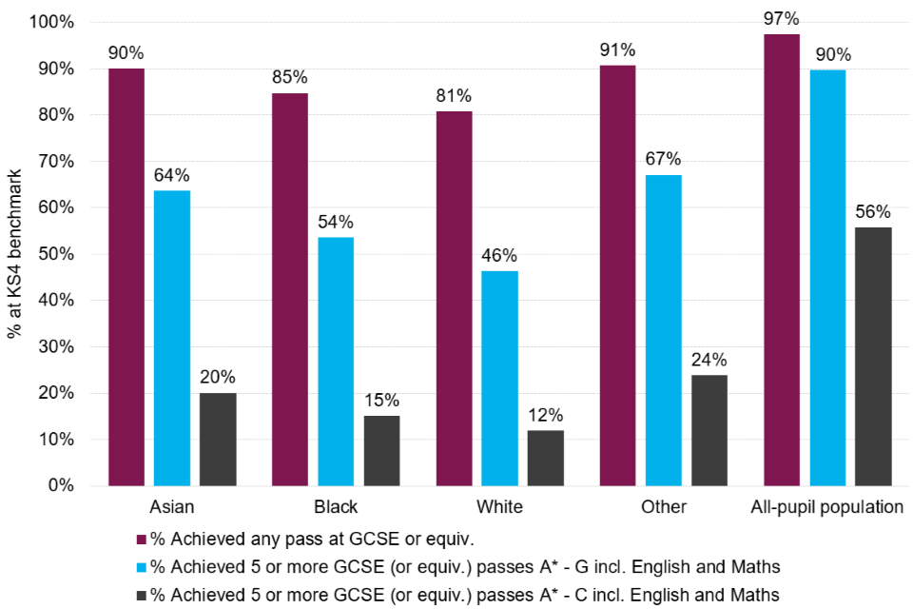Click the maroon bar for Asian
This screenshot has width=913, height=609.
126,277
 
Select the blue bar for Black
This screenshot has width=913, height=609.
336,362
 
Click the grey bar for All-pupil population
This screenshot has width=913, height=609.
873,357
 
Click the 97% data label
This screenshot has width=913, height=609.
782,19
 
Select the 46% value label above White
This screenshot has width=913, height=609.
499,256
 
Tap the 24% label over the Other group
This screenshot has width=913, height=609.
709,360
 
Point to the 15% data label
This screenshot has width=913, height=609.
380,401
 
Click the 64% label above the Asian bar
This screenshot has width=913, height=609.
171,175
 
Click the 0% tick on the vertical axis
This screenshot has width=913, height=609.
61,486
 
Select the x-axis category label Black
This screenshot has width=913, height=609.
336,506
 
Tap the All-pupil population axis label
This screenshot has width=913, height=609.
827,506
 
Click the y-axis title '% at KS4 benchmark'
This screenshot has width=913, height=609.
14,254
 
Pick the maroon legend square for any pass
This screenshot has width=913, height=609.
143,540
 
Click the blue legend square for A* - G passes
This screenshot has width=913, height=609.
143,567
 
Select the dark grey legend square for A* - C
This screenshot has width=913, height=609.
143,595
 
